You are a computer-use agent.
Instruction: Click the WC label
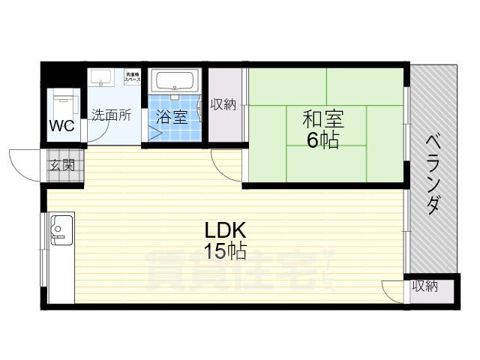(x=62, y=125)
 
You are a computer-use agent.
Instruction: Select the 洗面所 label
(x=111, y=115)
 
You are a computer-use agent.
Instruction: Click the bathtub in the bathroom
(x=173, y=80)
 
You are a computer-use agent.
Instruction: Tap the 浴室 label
(x=172, y=117)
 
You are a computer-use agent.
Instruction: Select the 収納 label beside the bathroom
(x=223, y=104)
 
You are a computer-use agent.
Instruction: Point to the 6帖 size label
(x=322, y=139)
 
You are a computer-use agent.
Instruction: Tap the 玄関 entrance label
(x=62, y=165)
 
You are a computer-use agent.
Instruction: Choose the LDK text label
(x=221, y=230)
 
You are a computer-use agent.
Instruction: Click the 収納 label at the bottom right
(x=424, y=286)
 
